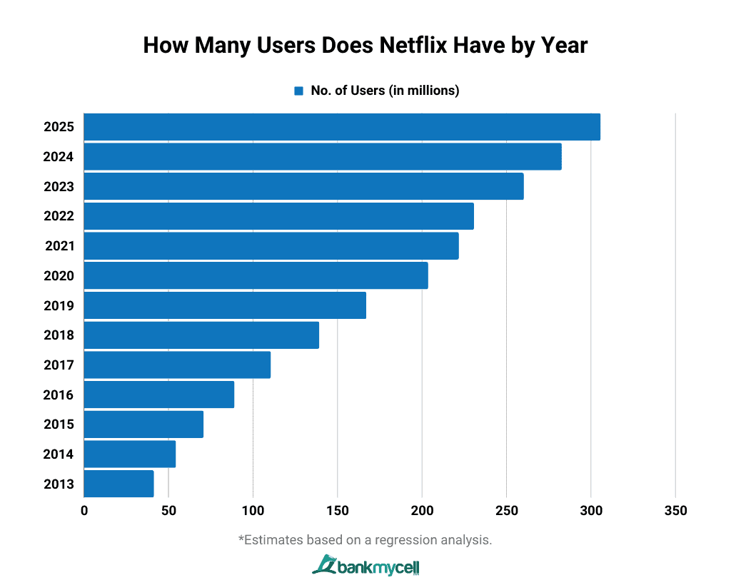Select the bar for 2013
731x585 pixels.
coord(119,484)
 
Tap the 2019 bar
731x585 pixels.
coord(225,305)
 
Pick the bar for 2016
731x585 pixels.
coord(158,395)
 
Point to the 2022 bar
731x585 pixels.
coord(278,216)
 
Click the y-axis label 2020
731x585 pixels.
coord(59,275)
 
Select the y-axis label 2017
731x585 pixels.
coord(59,365)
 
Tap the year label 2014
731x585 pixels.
coord(59,454)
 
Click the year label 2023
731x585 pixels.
coord(59,186)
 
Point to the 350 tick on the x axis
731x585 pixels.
coord(675,511)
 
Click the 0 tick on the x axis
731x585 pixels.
coord(84,511)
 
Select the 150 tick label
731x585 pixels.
coord(338,511)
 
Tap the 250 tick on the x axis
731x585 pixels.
coord(506,511)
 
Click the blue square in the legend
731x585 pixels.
coord(298,91)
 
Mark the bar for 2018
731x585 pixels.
coord(201,335)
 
